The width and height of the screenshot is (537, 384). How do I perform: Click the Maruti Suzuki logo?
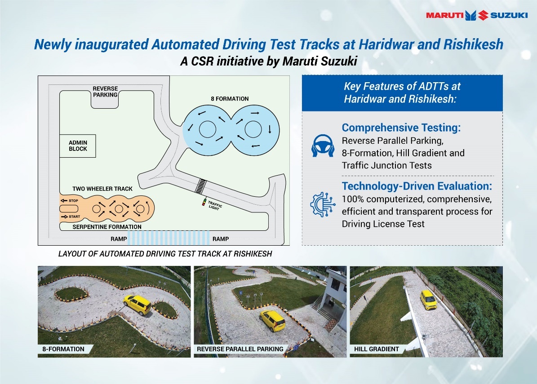pos(476,15)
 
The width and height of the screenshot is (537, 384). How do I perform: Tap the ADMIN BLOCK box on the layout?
pos(78,146)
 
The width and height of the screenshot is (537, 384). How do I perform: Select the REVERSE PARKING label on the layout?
pos(105,92)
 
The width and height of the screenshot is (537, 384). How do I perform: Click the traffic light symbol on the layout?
pos(205,202)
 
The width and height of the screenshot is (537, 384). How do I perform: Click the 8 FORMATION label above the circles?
pos(229,98)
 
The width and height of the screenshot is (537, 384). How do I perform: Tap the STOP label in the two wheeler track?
pos(72,200)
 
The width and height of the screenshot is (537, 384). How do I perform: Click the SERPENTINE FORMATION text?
pos(107,227)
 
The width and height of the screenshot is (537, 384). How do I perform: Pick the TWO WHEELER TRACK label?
pos(102,189)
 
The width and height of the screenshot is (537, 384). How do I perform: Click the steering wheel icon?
pos(322,146)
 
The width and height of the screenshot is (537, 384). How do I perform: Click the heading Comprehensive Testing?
pos(401,128)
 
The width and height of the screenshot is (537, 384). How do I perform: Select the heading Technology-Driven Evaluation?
pos(417,186)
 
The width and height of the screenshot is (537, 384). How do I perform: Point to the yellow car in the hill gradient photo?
pos(428,299)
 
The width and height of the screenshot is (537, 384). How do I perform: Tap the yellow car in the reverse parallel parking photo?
pos(272,321)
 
